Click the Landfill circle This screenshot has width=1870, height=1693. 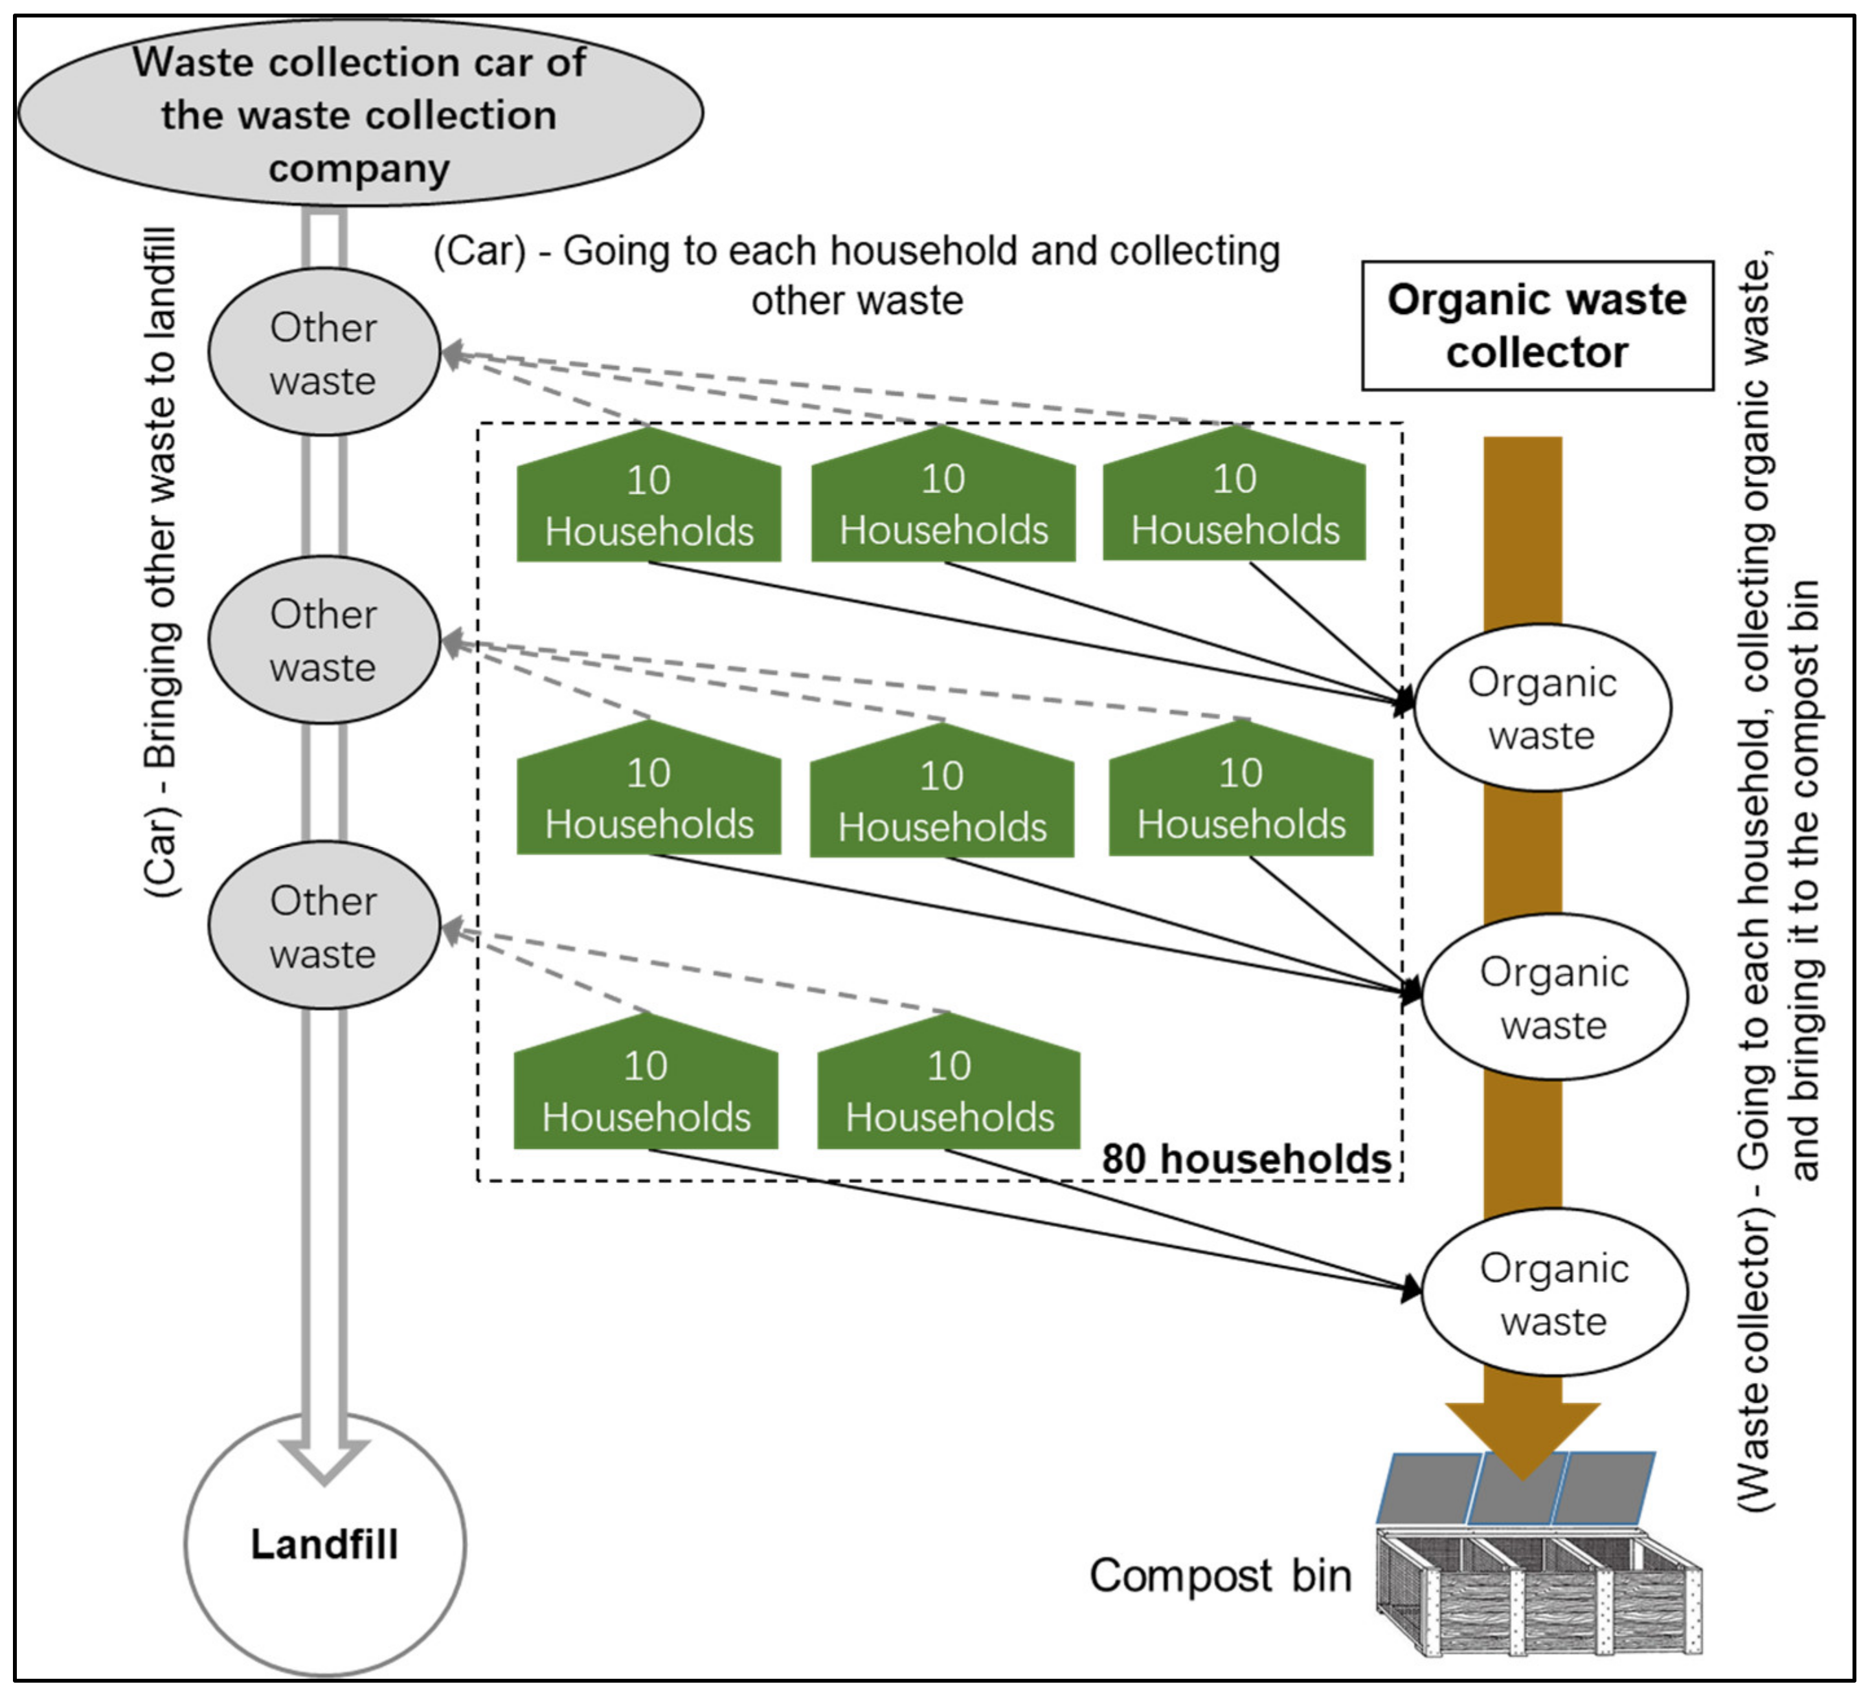point(324,1544)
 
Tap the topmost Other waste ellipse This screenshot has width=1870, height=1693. point(323,352)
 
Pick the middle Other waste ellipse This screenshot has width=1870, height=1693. point(323,640)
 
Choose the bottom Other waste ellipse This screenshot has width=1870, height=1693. point(323,926)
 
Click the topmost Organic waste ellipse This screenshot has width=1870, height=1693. point(1542,707)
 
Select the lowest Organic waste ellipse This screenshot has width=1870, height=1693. point(1554,1292)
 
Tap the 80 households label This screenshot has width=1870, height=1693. point(1246,1159)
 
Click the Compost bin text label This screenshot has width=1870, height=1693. point(1220,1575)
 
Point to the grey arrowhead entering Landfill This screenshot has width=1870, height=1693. point(324,1459)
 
